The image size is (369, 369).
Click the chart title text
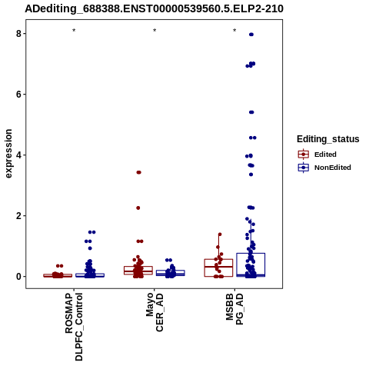pyautogui.click(x=154, y=8)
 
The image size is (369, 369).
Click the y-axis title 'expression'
pyautogui.click(x=8, y=154)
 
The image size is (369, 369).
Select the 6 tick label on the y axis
pyautogui.click(x=18, y=95)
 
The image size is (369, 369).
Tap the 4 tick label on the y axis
pyautogui.click(x=18, y=155)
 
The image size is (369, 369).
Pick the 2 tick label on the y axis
pyautogui.click(x=18, y=216)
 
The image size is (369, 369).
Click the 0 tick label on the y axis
pyautogui.click(x=18, y=277)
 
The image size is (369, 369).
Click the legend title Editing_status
pyautogui.click(x=328, y=139)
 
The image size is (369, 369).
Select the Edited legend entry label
pyautogui.click(x=325, y=155)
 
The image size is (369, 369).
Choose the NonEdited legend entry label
pyautogui.click(x=333, y=168)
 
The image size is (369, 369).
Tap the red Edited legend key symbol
pyautogui.click(x=304, y=155)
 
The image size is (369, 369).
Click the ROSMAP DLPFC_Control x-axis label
pyautogui.click(x=74, y=327)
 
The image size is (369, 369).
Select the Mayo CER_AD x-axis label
pyautogui.click(x=155, y=312)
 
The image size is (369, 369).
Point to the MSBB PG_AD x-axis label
pyautogui.click(x=234, y=309)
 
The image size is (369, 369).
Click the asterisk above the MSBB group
pyautogui.click(x=234, y=31)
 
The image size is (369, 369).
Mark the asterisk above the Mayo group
pyautogui.click(x=155, y=31)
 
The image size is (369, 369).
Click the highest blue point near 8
pyautogui.click(x=251, y=35)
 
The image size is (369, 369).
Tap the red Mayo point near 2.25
pyautogui.click(x=138, y=208)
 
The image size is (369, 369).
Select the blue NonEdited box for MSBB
pyautogui.click(x=251, y=264)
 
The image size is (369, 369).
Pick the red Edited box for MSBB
pyautogui.click(x=218, y=268)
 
